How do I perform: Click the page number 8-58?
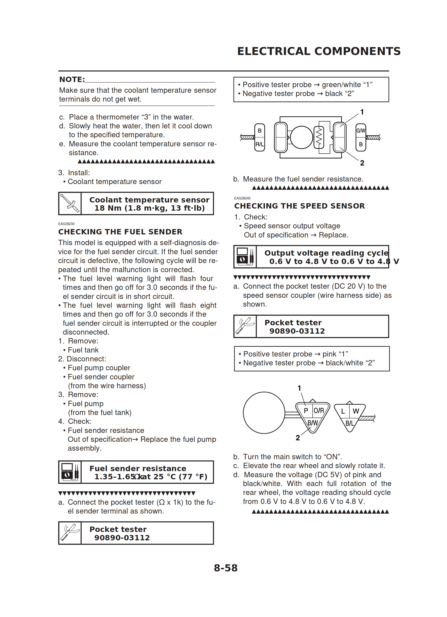[x=225, y=568]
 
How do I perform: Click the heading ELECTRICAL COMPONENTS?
[x=319, y=51]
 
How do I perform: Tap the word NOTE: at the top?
[x=72, y=79]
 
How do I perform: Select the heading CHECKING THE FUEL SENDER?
[x=120, y=232]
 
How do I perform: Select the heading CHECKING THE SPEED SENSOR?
[x=299, y=206]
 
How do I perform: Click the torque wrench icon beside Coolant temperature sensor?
[x=70, y=203]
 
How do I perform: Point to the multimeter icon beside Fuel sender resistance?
[x=70, y=472]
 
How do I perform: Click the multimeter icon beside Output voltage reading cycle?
[x=245, y=257]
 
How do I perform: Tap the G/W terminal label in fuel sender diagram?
[x=361, y=130]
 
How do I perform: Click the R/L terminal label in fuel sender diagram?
[x=259, y=144]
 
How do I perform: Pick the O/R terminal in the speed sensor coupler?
[x=319, y=411]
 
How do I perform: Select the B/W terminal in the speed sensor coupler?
[x=312, y=423]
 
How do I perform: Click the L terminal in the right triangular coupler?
[x=343, y=411]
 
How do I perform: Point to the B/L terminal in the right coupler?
[x=349, y=423]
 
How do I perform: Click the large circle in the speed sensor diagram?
[x=264, y=413]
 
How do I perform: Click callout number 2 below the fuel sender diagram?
[x=362, y=163]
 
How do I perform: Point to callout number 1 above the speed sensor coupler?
[x=299, y=388]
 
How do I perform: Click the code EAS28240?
[x=242, y=198]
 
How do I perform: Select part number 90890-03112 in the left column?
[x=122, y=538]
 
